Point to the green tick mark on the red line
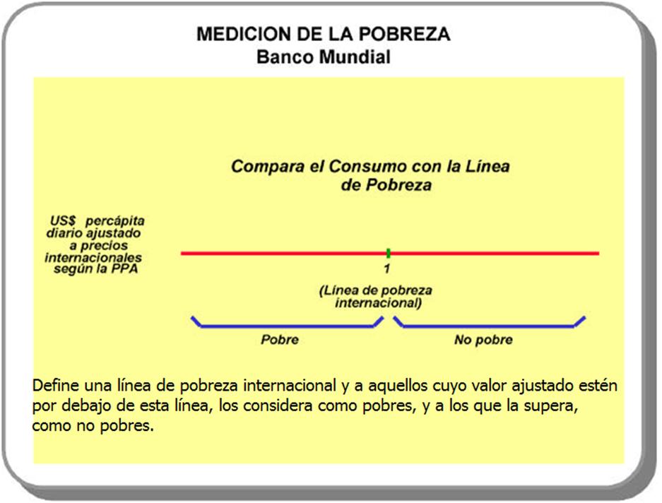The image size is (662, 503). [388, 253]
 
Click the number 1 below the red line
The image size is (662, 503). [386, 268]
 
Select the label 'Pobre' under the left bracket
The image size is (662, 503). [280, 340]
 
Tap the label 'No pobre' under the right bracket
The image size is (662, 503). [483, 340]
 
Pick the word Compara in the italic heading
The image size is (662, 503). [267, 167]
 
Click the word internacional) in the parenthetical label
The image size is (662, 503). [378, 303]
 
